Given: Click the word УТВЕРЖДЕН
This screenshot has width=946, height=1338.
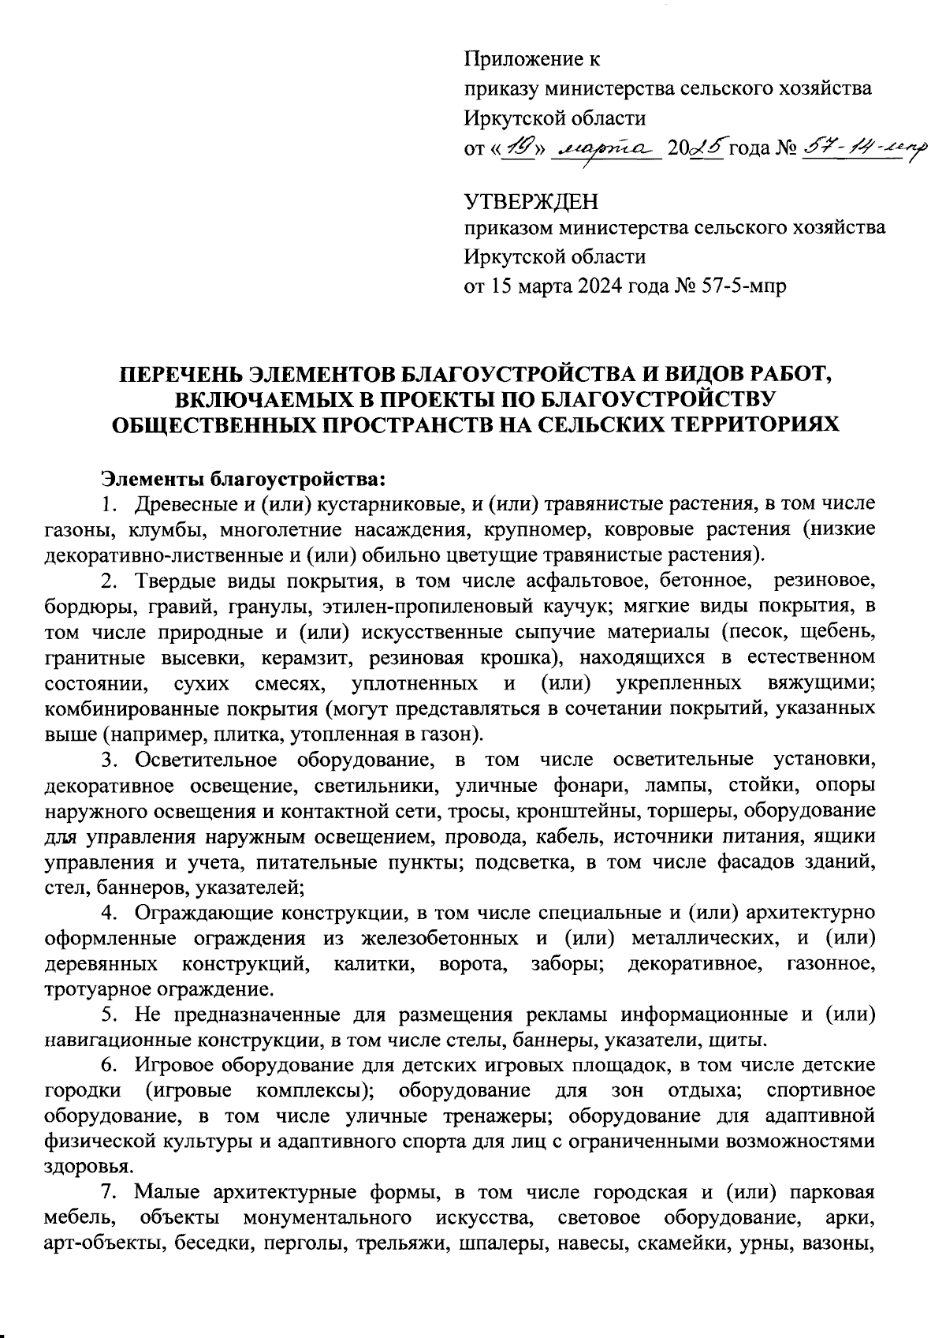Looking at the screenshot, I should (x=531, y=202).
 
